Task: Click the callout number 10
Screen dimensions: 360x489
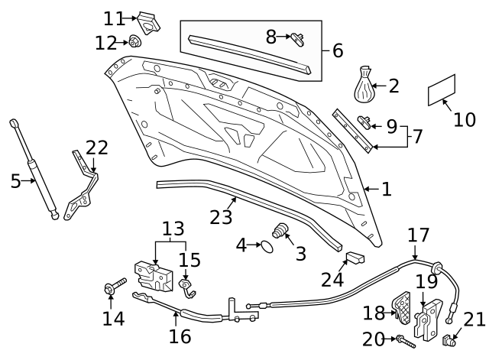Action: (x=464, y=120)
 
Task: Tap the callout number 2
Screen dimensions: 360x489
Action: (x=394, y=86)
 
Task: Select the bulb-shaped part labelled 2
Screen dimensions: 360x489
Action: (x=365, y=86)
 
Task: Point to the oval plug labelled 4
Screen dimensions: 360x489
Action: (x=264, y=246)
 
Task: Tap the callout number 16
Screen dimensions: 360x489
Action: (x=180, y=336)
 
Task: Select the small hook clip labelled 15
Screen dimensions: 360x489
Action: (x=186, y=287)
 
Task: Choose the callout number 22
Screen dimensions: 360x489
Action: (x=97, y=147)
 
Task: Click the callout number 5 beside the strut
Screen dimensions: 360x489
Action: (x=15, y=181)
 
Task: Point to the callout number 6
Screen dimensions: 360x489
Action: (x=337, y=51)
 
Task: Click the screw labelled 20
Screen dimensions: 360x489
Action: (x=402, y=339)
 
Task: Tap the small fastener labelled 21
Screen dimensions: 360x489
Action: (x=449, y=339)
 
